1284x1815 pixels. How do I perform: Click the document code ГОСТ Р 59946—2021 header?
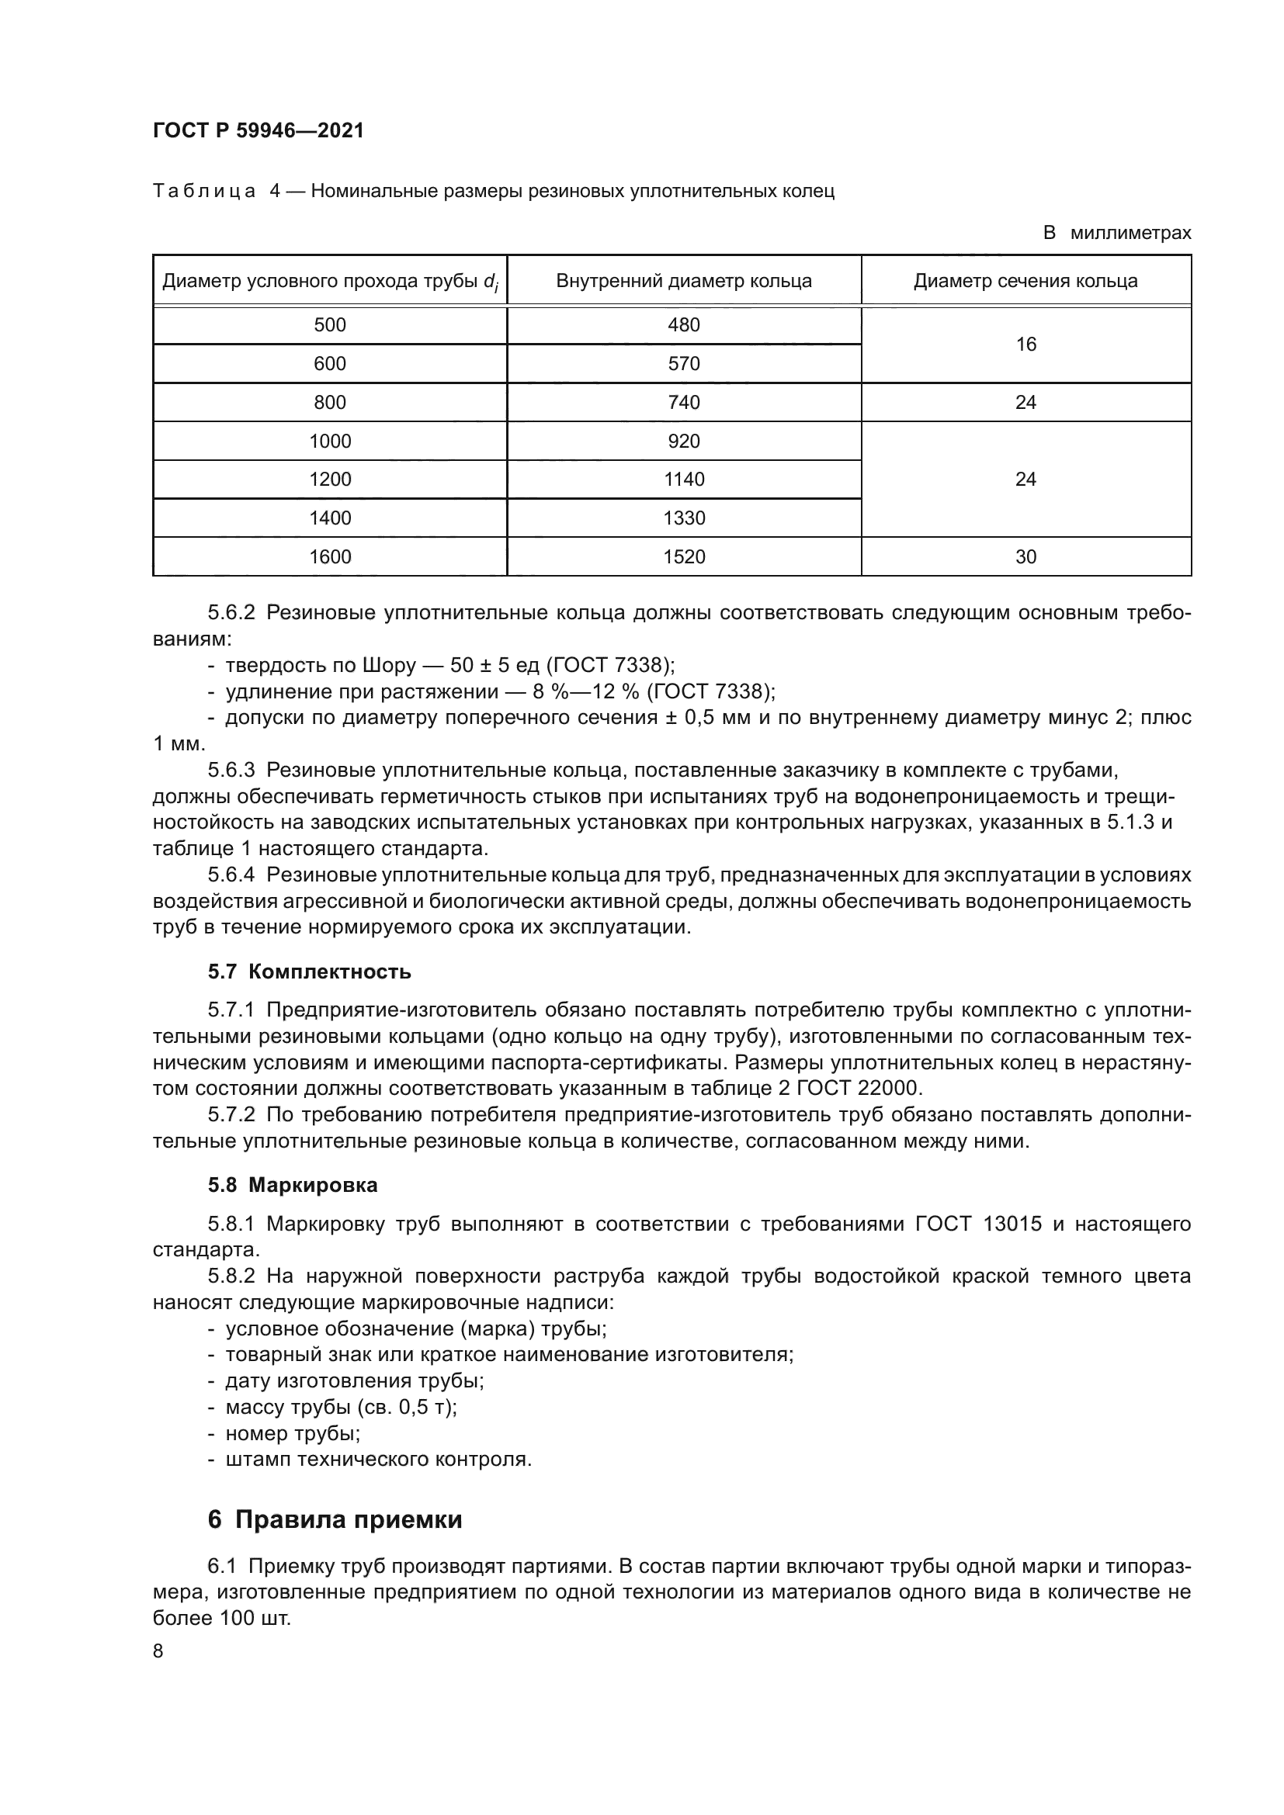coord(259,131)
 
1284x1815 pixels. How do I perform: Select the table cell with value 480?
coord(683,325)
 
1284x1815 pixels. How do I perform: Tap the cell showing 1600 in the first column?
coord(330,556)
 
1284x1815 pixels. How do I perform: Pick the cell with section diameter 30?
coord(1025,556)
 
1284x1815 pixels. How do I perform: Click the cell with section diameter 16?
coord(1025,344)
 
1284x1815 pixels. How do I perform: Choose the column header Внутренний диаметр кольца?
coord(683,281)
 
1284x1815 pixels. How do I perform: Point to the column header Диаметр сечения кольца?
coord(1025,281)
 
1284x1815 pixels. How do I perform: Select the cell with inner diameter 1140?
coord(683,479)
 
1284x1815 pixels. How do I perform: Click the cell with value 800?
coord(330,403)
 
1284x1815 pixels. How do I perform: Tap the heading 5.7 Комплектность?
coord(309,972)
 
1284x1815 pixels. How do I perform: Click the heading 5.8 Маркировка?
coord(293,1185)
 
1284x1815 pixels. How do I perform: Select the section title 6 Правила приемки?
coord(335,1519)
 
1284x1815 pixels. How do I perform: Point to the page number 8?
coord(158,1651)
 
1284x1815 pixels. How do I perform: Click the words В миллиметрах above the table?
coord(1116,234)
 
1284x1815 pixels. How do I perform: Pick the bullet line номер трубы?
coord(293,1433)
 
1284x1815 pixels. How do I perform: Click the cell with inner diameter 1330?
coord(683,518)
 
